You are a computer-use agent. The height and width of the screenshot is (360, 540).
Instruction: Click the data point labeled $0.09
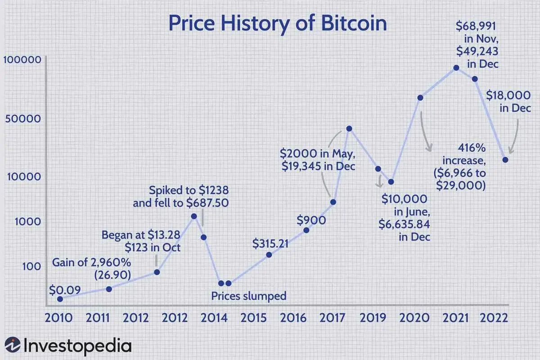click(x=60, y=298)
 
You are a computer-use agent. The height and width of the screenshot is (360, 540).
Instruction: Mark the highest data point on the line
click(x=456, y=67)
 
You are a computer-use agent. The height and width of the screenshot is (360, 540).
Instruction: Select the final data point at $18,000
click(x=505, y=160)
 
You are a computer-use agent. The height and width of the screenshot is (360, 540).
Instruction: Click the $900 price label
click(x=311, y=220)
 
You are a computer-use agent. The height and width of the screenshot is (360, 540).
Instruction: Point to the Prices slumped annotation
click(x=248, y=296)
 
